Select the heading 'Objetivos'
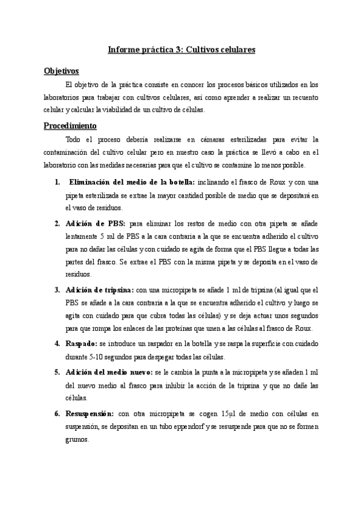[62, 71]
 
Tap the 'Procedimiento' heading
[70, 126]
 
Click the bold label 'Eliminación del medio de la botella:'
[131, 182]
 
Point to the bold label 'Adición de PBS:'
[96, 223]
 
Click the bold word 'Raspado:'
[82, 343]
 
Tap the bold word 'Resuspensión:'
[90, 413]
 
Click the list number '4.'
[57, 343]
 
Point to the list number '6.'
[57, 413]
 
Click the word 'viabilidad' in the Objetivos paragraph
[134, 109]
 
